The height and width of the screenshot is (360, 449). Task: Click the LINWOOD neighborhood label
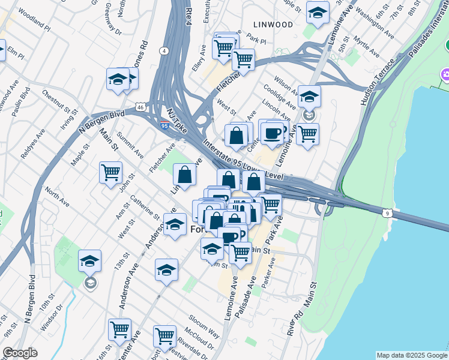click(273, 25)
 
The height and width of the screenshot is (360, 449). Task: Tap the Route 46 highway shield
click(140, 107)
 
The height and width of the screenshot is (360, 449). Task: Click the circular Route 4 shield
click(164, 51)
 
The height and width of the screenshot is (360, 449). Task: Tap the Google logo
click(20, 353)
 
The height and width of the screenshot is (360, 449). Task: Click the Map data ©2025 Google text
click(412, 355)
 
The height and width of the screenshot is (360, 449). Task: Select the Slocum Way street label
click(205, 322)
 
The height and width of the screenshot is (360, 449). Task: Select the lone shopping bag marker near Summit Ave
click(185, 175)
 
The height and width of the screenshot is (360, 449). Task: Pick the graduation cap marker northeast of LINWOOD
click(318, 12)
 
